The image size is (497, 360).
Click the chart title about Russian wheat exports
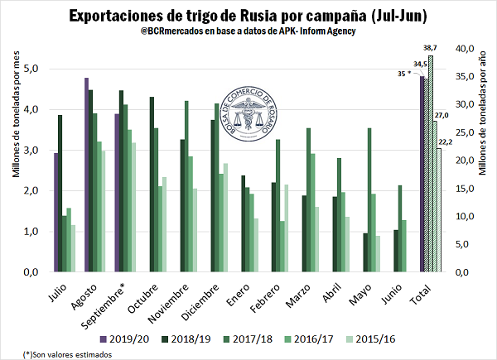[248, 16]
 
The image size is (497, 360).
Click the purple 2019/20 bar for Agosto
[86, 175]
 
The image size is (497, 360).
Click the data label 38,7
[431, 50]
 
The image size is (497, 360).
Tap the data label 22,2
[445, 142]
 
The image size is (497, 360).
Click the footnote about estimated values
[57, 353]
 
